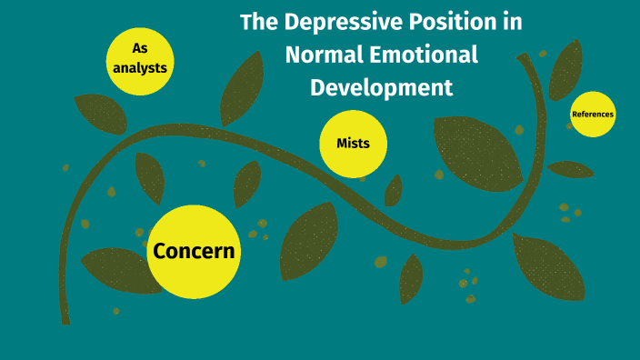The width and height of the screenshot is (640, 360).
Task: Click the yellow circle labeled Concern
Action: (194, 251)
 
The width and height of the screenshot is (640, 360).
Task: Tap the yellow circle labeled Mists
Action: (353, 144)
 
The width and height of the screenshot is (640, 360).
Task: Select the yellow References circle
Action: (592, 115)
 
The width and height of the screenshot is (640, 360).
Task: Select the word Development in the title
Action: (381, 88)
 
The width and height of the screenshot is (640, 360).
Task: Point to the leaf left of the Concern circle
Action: (116, 270)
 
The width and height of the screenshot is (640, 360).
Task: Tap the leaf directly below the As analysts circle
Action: (100, 114)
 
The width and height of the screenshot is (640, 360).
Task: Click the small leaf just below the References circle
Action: (570, 169)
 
